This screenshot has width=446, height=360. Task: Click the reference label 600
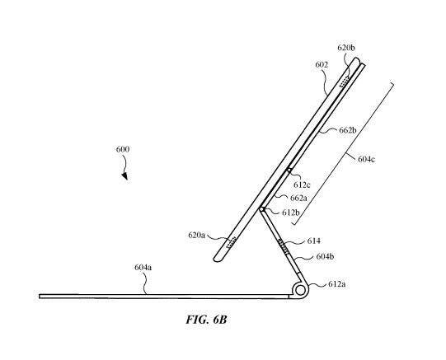123,149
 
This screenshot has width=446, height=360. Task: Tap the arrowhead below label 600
124,176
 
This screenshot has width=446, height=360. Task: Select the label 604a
143,268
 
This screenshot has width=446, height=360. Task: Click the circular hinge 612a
300,290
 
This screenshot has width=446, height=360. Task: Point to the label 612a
337,284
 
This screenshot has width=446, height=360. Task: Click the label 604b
325,256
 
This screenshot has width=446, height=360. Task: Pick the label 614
314,241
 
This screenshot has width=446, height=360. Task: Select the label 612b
291,213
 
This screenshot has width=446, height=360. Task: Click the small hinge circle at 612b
262,209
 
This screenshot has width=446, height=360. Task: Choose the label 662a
298,198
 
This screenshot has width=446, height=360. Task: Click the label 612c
302,185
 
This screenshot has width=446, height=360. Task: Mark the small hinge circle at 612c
289,171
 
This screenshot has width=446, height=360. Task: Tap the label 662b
348,130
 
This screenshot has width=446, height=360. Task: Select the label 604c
366,159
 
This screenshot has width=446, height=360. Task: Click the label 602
322,65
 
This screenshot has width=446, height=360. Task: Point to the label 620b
346,48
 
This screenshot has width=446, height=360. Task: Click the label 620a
196,235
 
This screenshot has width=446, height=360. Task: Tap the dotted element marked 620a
232,242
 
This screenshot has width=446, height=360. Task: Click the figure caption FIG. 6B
206,320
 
